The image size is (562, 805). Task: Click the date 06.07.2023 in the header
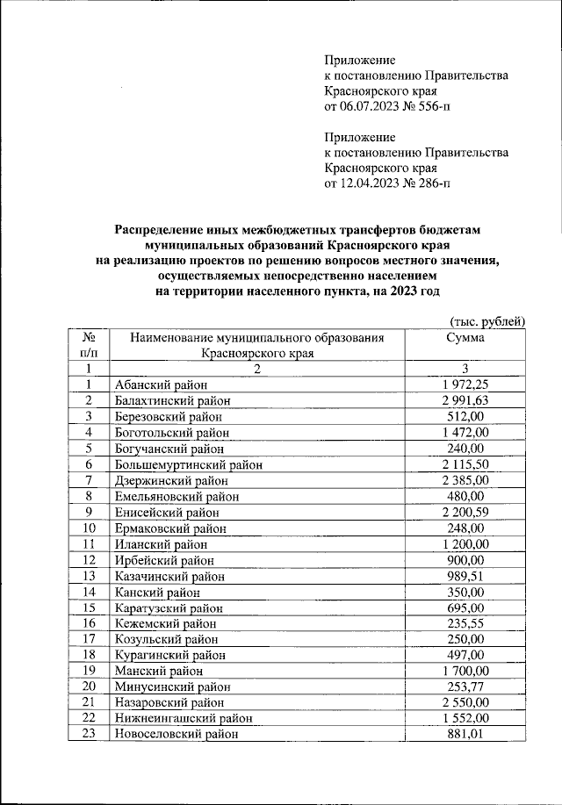pyautogui.click(x=370, y=107)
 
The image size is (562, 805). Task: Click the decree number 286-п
pyautogui.click(x=427, y=183)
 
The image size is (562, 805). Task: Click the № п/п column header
pyautogui.click(x=89, y=344)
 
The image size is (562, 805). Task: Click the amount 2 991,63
pyautogui.click(x=465, y=400)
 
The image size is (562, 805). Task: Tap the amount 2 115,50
pyautogui.click(x=465, y=464)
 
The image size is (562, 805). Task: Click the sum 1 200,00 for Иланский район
pyautogui.click(x=465, y=544)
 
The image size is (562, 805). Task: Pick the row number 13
pyautogui.click(x=89, y=576)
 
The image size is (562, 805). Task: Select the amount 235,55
pyautogui.click(x=465, y=623)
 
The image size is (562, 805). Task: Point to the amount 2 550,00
pyautogui.click(x=465, y=703)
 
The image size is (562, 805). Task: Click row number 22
pyautogui.click(x=89, y=719)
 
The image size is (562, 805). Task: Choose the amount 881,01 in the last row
pyautogui.click(x=465, y=735)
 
